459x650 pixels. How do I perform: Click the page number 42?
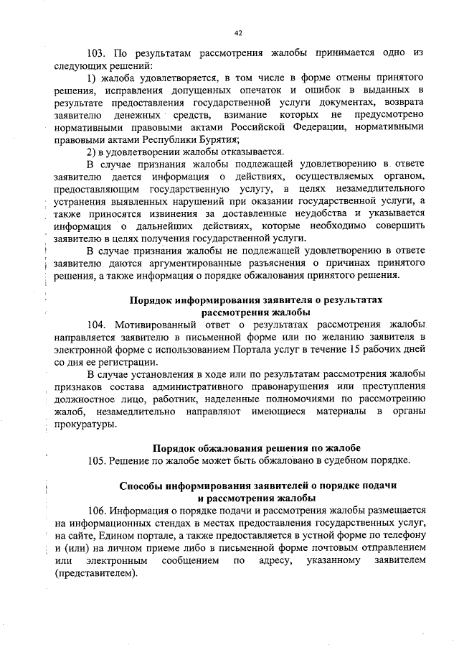(x=238, y=32)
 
